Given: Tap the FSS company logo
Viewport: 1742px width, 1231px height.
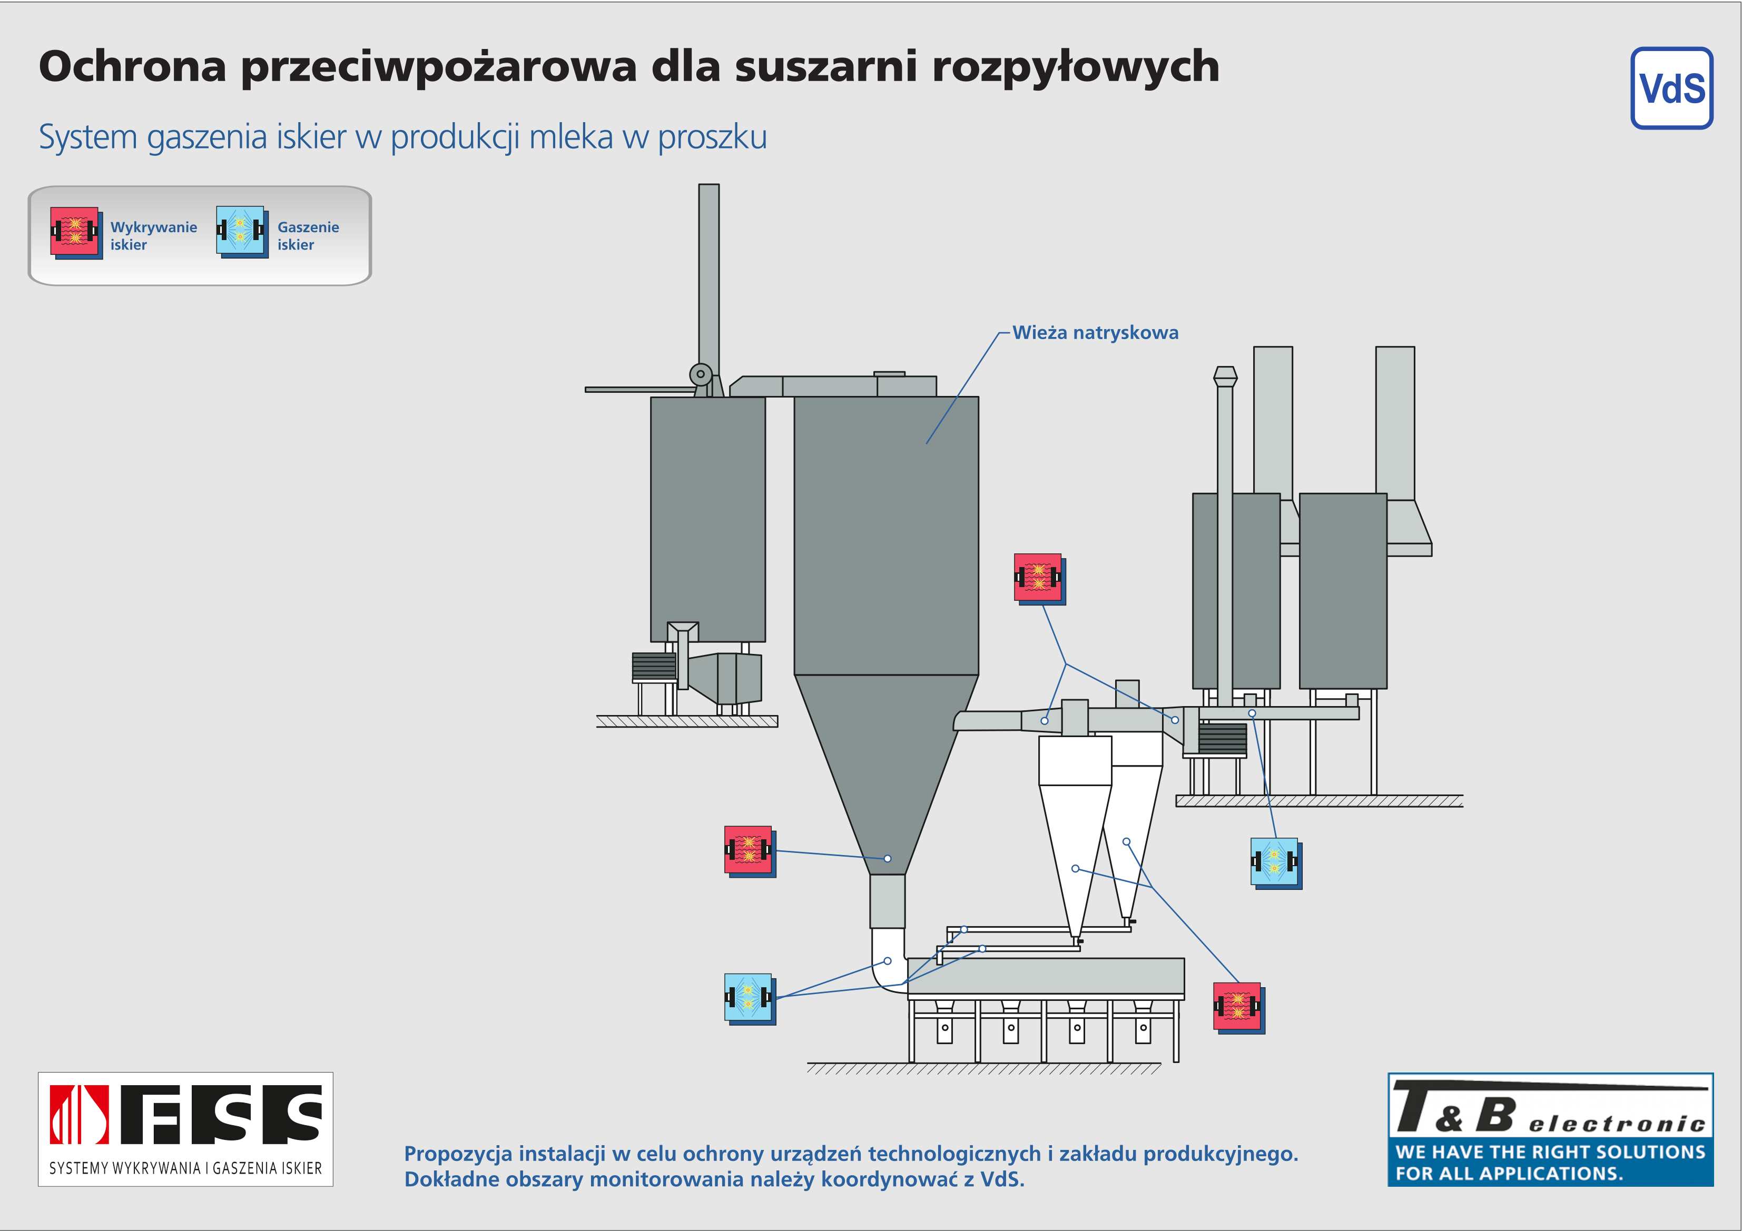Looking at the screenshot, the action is tap(186, 1129).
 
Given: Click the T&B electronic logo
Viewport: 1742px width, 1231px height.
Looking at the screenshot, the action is tap(1550, 1129).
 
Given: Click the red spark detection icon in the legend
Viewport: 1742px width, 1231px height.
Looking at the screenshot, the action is tap(76, 233).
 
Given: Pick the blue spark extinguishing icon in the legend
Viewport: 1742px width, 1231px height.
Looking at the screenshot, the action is tap(242, 232).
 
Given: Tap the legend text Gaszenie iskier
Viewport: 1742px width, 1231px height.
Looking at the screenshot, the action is tap(308, 236).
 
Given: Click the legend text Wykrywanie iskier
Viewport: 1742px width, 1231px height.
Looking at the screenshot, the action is tap(153, 236).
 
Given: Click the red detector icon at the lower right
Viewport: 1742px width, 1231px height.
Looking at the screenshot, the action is tap(1239, 1008).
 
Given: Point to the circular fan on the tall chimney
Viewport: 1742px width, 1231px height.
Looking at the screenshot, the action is tap(700, 374).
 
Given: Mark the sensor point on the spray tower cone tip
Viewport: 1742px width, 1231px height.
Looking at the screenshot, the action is tap(888, 859).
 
